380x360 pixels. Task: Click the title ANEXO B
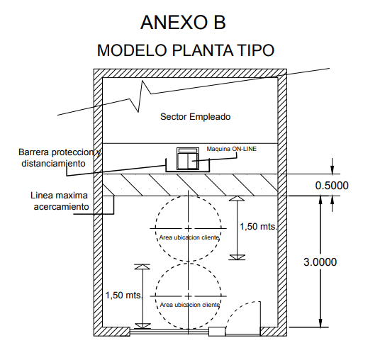183,22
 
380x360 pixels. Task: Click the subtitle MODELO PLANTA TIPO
186,50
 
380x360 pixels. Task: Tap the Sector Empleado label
195,117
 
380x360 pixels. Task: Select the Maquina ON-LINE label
231,149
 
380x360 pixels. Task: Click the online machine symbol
188,159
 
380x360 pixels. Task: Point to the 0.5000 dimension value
332,186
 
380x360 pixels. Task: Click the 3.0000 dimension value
320,262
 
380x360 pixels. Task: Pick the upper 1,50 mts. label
258,227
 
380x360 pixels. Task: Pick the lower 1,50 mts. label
124,295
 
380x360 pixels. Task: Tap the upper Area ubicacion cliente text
189,237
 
